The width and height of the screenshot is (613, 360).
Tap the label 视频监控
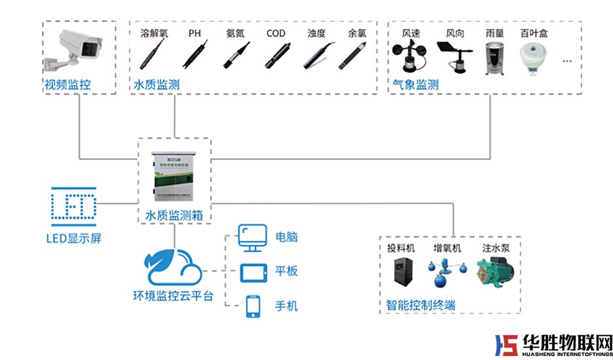coord(68,85)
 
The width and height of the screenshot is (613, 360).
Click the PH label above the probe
coord(195,33)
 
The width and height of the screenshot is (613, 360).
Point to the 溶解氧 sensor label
coord(154,33)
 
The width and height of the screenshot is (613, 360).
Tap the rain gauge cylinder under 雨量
coord(494,58)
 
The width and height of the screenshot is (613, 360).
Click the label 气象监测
coord(415,85)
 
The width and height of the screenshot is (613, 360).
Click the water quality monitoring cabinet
coord(174,178)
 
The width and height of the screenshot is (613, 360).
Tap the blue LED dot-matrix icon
coord(73,205)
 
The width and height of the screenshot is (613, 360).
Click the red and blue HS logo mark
coord(505,346)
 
